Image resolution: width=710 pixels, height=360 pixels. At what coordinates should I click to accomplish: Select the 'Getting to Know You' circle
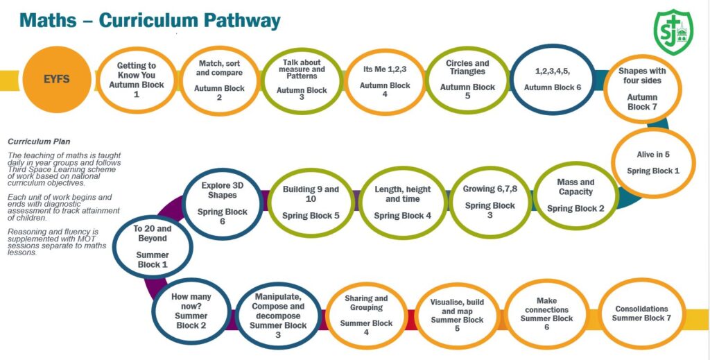tap(136, 80)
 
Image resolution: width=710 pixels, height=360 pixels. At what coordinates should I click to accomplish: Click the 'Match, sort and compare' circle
tap(219, 80)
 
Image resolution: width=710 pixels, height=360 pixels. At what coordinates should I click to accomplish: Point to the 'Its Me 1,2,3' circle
tap(385, 80)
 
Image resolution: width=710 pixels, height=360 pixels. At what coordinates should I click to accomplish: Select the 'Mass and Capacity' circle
tap(575, 196)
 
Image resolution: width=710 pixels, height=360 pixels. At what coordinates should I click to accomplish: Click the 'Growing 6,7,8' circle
tap(490, 201)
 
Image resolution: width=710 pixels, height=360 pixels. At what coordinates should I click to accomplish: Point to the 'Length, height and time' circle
tap(402, 202)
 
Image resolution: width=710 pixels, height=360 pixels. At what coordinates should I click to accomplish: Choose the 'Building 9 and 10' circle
tap(311, 201)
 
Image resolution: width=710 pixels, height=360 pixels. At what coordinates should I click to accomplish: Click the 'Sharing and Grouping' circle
tap(366, 316)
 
